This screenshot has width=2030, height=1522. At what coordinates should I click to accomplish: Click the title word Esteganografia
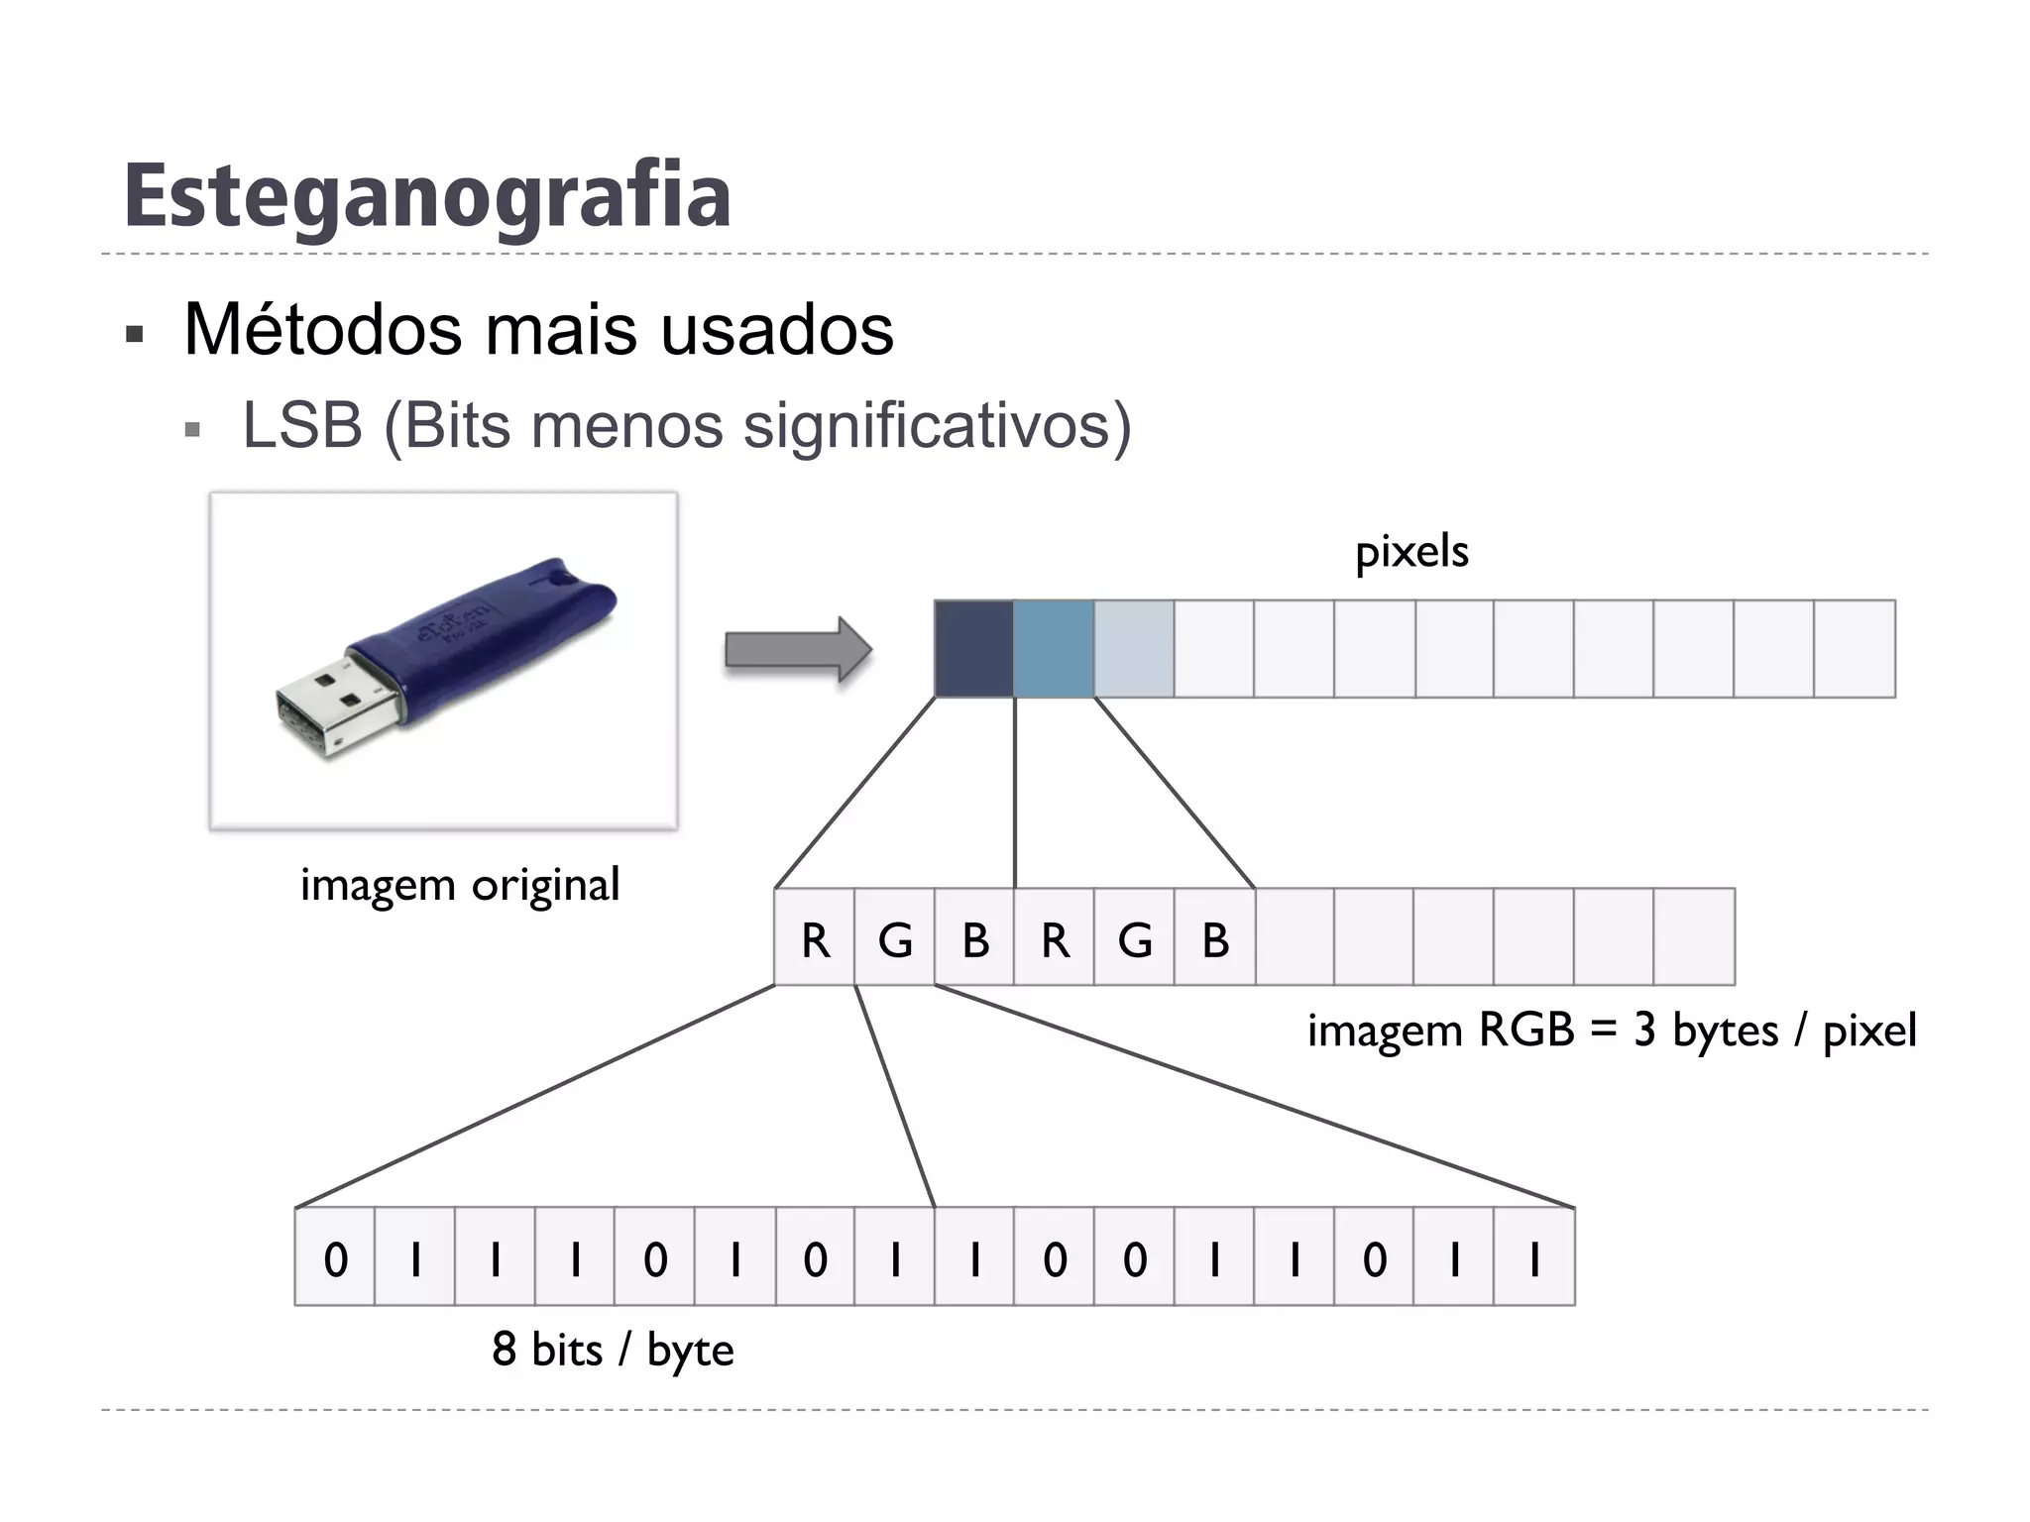(427, 196)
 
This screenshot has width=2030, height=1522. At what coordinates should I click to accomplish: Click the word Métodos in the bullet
(323, 329)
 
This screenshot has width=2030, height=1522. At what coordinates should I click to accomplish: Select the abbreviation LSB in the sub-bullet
(302, 425)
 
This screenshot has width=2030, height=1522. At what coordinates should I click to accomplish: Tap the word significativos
(937, 425)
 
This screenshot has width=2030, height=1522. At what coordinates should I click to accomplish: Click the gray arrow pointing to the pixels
(798, 649)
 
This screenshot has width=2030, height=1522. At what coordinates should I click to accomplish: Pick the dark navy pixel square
(973, 649)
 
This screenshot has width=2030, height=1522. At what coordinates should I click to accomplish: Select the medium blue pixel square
(1054, 649)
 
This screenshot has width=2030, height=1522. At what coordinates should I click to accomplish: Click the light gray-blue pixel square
(1134, 649)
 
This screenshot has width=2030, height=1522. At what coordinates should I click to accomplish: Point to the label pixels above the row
(1411, 551)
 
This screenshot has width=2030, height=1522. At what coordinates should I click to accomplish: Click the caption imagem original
(460, 884)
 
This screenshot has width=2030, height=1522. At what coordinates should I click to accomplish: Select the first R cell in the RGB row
(815, 938)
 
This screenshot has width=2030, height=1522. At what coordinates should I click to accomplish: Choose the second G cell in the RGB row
(1135, 938)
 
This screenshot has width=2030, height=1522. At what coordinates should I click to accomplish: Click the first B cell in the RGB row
(975, 938)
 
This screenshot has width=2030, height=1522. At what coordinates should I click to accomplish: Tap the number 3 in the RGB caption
(1645, 1031)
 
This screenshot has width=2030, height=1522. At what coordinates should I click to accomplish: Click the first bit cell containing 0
(336, 1258)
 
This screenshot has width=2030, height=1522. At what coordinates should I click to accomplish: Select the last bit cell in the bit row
(1534, 1258)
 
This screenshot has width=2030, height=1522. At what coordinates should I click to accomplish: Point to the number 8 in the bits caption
(505, 1349)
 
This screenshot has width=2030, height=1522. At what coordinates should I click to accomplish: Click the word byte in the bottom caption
(690, 1351)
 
